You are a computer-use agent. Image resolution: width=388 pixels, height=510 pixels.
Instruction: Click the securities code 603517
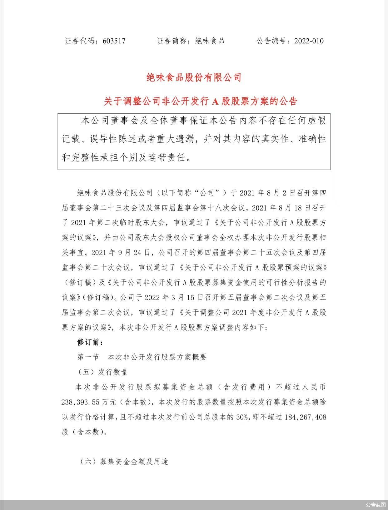[x=114, y=41]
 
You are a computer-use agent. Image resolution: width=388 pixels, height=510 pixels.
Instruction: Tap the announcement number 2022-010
[x=309, y=41]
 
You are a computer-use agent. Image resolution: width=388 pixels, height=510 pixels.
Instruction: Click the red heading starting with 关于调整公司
[x=200, y=101]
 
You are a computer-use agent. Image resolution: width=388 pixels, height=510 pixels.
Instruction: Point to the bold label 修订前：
[x=90, y=342]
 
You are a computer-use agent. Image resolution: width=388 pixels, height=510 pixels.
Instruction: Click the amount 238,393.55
[x=81, y=402]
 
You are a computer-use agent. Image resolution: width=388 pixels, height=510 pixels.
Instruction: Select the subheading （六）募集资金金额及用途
[x=124, y=462]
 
